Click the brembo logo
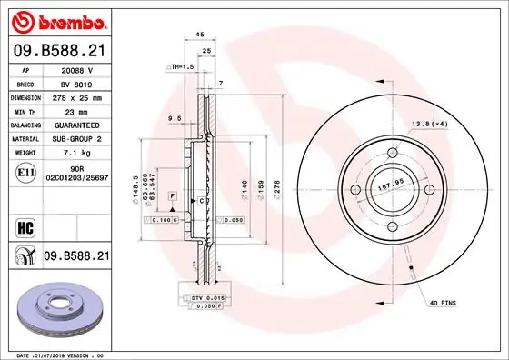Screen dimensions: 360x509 coord(59,20)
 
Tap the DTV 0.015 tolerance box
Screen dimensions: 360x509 coord(207,298)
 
